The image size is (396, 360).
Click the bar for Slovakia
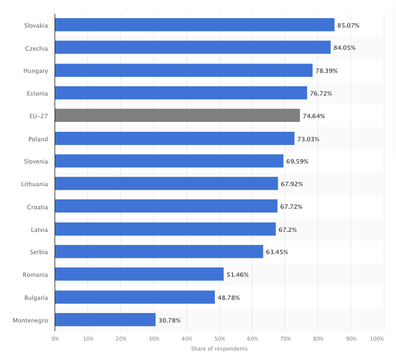(x=194, y=25)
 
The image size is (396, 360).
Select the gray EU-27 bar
(x=177, y=116)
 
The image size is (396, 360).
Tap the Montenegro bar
(x=105, y=320)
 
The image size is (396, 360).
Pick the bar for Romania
(x=139, y=274)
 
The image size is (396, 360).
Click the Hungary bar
(x=184, y=70)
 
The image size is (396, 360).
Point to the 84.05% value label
(x=345, y=48)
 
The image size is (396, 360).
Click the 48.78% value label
(x=229, y=297)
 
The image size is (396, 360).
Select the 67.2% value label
(x=288, y=229)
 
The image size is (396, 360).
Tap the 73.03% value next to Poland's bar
(x=308, y=139)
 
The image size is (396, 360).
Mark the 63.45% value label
(x=277, y=252)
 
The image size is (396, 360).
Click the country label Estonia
(x=37, y=94)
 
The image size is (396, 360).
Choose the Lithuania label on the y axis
(x=35, y=184)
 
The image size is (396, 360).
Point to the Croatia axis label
(x=37, y=207)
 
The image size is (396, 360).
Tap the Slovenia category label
(x=36, y=161)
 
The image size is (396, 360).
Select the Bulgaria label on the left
(x=37, y=297)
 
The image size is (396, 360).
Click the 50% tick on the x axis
(x=219, y=339)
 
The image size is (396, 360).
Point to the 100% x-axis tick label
(x=377, y=339)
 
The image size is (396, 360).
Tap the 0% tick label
(x=56, y=339)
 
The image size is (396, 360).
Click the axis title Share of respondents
(x=219, y=349)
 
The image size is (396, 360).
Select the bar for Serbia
(x=159, y=252)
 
